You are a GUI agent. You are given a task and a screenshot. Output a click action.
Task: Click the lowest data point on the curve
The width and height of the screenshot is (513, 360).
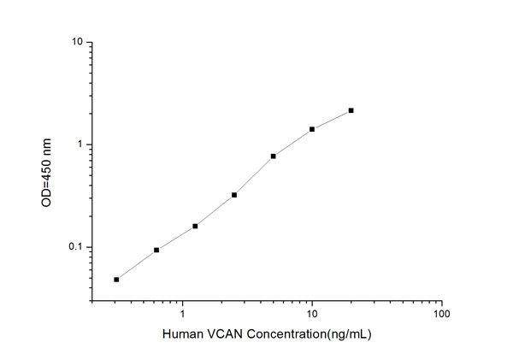click(116, 280)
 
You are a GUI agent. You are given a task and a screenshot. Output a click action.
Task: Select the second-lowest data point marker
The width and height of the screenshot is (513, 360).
click(156, 250)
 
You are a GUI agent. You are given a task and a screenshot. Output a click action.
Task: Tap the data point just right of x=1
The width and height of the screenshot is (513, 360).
click(195, 226)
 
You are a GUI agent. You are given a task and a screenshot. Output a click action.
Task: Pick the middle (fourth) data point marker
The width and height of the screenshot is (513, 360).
click(234, 195)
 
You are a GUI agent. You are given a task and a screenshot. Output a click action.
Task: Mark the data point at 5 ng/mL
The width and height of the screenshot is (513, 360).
click(273, 156)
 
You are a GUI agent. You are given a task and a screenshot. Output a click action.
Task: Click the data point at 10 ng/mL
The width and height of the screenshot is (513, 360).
click(312, 129)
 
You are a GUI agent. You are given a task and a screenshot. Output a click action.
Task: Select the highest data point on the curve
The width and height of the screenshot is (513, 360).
click(351, 110)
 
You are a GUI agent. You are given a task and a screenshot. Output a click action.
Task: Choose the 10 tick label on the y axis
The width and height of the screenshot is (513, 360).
click(77, 42)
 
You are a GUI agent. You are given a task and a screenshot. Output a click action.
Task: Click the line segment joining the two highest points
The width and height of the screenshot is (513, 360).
click(332, 120)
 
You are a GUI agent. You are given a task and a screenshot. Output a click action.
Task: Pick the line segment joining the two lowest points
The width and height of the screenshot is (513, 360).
click(137, 265)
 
